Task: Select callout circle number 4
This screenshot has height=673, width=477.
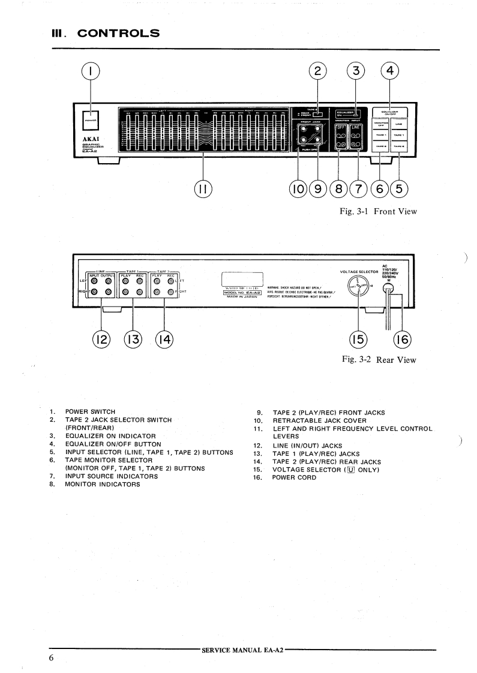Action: click(391, 71)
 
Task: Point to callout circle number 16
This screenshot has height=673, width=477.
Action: click(403, 339)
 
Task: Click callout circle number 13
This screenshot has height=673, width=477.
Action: click(132, 339)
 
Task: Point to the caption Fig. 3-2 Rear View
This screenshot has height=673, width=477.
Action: click(379, 360)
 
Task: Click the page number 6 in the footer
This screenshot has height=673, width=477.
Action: click(52, 658)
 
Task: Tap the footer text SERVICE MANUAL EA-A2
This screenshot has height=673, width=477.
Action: click(243, 650)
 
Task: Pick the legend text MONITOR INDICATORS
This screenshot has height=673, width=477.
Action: click(103, 484)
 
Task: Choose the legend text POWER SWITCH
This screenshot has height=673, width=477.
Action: click(90, 411)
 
